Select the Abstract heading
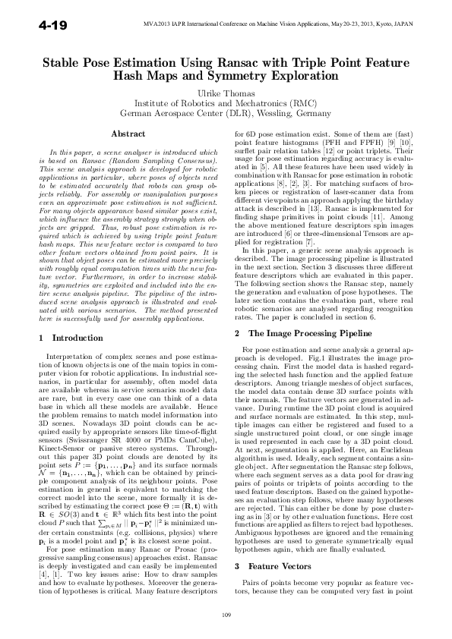point(128,134)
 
